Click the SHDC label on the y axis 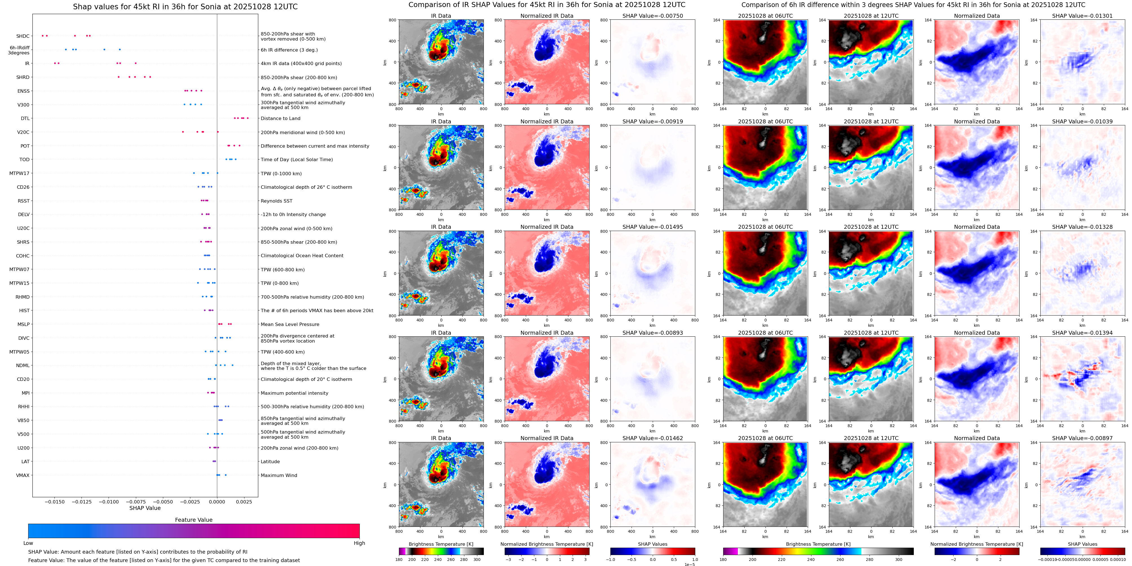pyautogui.click(x=23, y=36)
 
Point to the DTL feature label pyautogui.click(x=25, y=119)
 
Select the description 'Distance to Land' pyautogui.click(x=280, y=119)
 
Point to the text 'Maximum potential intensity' pyautogui.click(x=294, y=393)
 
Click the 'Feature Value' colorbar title pyautogui.click(x=194, y=520)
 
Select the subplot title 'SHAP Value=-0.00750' pyautogui.click(x=653, y=16)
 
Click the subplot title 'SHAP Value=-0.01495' pyautogui.click(x=653, y=227)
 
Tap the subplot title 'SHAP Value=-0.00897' pyautogui.click(x=1082, y=438)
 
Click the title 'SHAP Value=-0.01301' pyautogui.click(x=1082, y=16)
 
